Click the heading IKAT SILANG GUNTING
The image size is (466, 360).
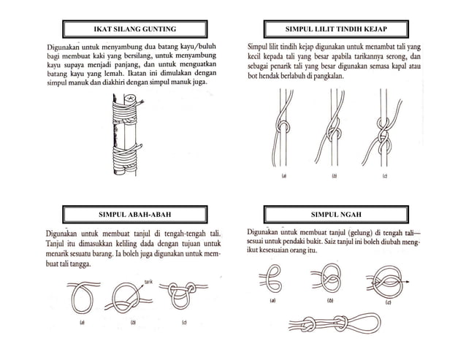point(136,28)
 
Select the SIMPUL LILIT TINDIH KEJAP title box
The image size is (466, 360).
point(331,28)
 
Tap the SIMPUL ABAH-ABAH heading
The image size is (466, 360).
point(139,215)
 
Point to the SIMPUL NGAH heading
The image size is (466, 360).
point(331,215)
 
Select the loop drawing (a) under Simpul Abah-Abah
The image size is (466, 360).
point(82,296)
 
